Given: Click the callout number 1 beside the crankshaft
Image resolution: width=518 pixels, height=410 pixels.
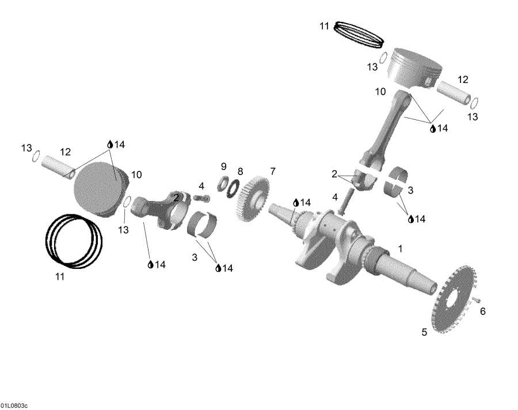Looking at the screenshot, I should click(400, 249).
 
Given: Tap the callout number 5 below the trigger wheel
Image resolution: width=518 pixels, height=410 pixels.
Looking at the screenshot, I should click(424, 332).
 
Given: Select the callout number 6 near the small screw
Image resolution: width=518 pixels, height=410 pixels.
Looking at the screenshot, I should click(482, 312).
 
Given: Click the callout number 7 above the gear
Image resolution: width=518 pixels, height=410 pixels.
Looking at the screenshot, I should click(272, 171).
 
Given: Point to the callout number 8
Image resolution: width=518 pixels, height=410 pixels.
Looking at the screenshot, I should click(240, 172).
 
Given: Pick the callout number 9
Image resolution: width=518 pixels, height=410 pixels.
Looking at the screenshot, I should click(223, 166).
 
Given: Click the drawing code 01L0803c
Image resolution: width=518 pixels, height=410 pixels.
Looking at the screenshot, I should click(14, 406).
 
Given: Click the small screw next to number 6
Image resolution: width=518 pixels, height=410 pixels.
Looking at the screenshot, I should click(477, 300).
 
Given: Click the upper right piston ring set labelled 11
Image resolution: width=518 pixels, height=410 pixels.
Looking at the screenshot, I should click(360, 34).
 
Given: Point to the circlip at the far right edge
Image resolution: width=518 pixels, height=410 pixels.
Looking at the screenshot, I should click(475, 104).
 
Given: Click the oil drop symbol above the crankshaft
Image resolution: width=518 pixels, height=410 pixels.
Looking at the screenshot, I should click(296, 203).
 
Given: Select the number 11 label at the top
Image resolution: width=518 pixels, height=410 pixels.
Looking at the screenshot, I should click(324, 26).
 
